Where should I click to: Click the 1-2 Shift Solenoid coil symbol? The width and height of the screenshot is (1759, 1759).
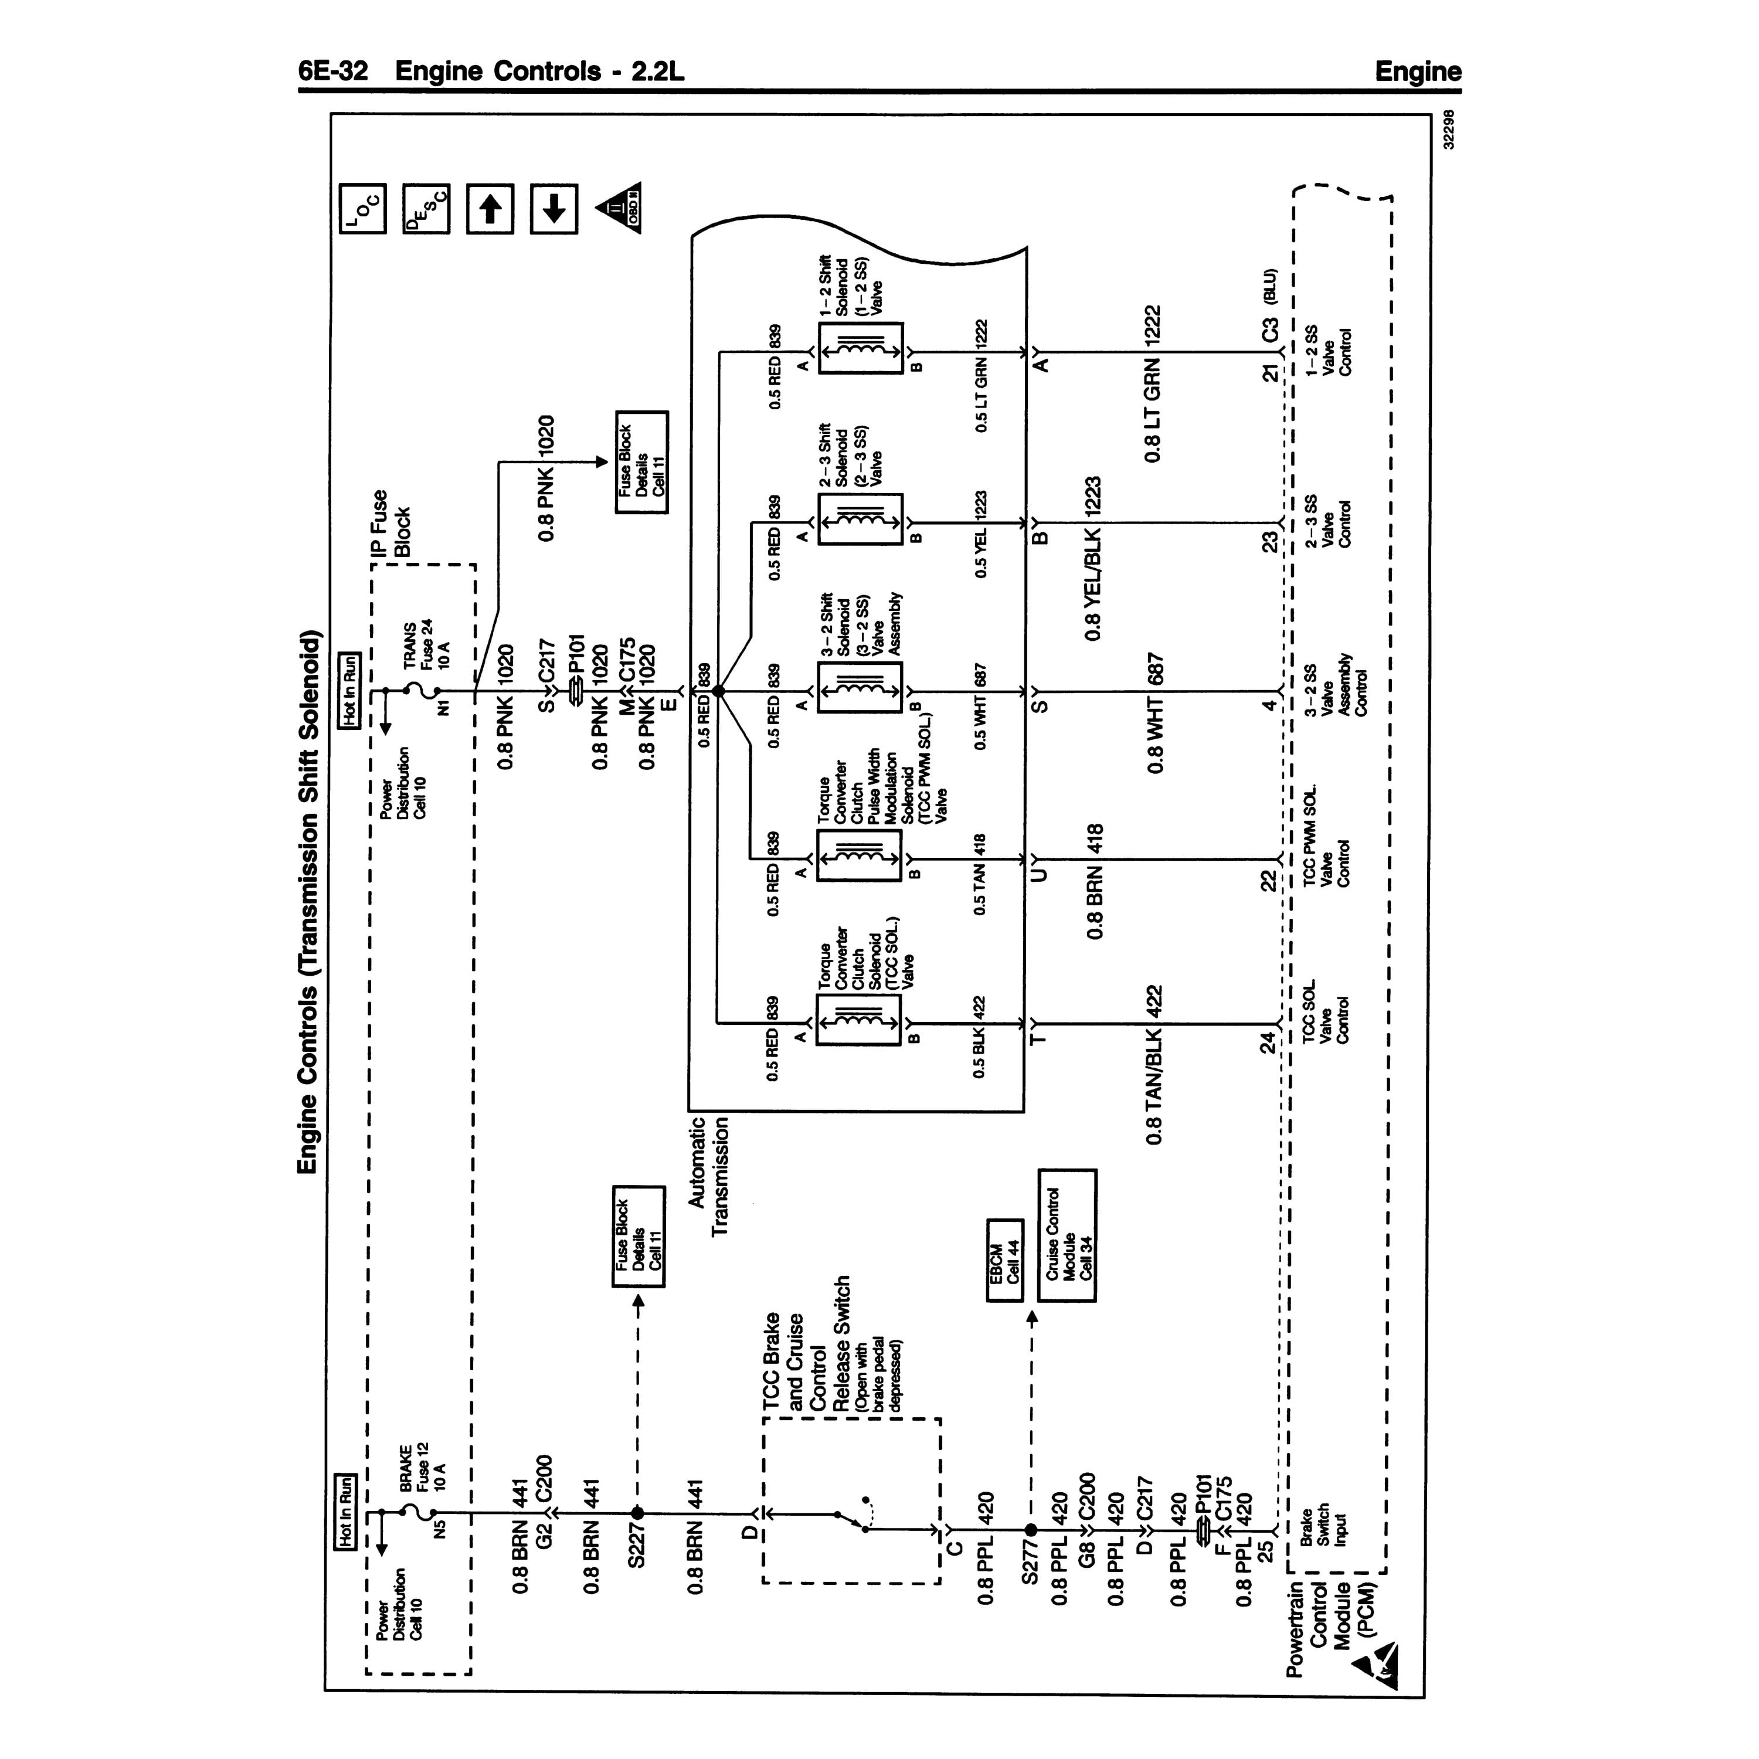[x=860, y=348]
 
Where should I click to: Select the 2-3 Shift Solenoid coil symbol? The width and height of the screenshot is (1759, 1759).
[x=860, y=519]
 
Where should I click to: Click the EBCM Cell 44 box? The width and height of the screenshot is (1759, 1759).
[x=1005, y=1274]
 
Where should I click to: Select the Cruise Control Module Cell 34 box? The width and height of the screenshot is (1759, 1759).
[x=1067, y=1235]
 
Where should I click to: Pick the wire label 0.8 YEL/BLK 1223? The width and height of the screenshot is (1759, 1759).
[x=1092, y=557]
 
